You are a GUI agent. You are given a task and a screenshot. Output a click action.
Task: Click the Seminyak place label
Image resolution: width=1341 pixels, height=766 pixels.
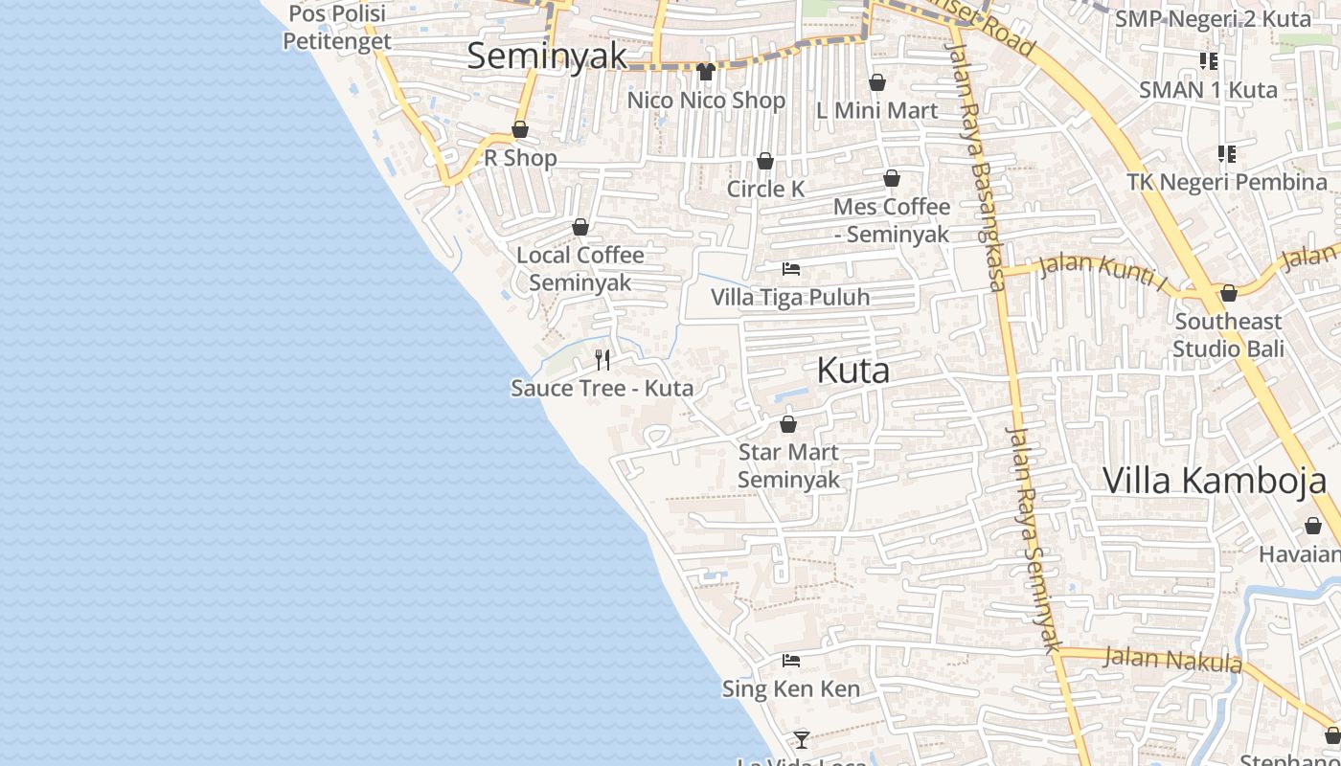pyautogui.click(x=547, y=56)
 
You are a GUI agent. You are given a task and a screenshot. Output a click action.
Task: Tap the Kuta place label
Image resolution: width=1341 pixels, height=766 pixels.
pyautogui.click(x=852, y=371)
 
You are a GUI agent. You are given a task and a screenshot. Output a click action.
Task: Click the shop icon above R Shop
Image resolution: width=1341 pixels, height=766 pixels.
pyautogui.click(x=520, y=129)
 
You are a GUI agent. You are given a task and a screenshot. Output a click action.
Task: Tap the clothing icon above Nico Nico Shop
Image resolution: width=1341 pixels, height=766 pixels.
pyautogui.click(x=706, y=71)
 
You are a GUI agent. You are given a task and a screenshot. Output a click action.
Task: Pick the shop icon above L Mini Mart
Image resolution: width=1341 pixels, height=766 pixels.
pyautogui.click(x=876, y=83)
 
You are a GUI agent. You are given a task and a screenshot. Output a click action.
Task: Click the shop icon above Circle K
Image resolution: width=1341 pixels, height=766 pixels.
pyautogui.click(x=765, y=161)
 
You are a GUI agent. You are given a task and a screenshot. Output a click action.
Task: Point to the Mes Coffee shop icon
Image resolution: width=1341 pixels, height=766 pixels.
pyautogui.click(x=892, y=178)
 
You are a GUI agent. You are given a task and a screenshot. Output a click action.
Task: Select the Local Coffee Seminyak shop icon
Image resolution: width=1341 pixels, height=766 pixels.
pyautogui.click(x=580, y=227)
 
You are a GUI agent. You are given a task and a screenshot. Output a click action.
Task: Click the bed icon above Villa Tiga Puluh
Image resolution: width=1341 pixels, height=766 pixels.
pyautogui.click(x=791, y=269)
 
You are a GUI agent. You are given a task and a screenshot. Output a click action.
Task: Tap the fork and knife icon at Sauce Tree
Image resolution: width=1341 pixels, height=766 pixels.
pyautogui.click(x=602, y=359)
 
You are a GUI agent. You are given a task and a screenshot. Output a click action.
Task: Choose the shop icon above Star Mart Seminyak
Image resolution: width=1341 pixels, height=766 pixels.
pyautogui.click(x=788, y=424)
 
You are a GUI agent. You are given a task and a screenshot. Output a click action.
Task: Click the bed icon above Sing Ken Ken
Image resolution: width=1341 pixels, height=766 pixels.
pyautogui.click(x=791, y=661)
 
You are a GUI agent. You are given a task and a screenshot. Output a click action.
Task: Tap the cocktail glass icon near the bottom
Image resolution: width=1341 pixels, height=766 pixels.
pyautogui.click(x=802, y=739)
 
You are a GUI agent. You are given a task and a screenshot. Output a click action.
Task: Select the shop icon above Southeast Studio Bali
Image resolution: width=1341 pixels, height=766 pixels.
pyautogui.click(x=1229, y=293)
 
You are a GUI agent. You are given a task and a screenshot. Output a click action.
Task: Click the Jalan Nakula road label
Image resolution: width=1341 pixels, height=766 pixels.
pyautogui.click(x=1172, y=660)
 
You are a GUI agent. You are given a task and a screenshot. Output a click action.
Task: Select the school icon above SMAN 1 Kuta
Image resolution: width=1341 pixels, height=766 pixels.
pyautogui.click(x=1209, y=61)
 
